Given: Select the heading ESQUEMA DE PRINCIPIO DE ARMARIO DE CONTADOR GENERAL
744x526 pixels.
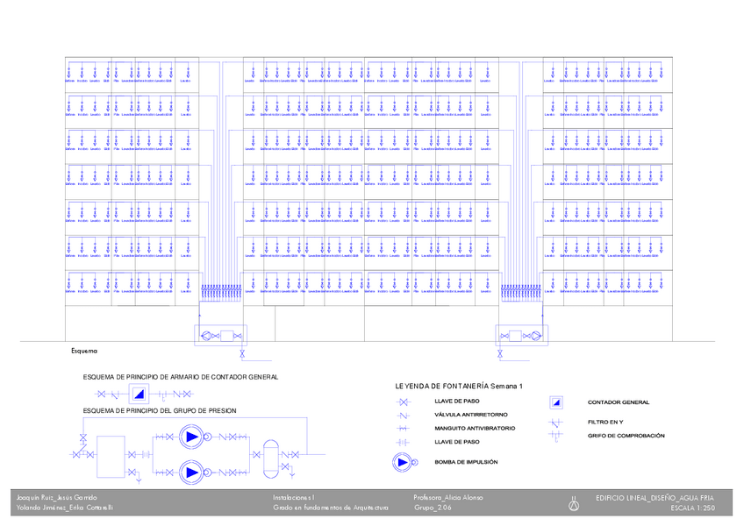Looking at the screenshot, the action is pos(180,376).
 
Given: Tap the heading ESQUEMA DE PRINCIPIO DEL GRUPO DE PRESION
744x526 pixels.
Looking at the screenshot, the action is pos(159,410).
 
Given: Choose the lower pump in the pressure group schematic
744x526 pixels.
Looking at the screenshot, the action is pos(190,473).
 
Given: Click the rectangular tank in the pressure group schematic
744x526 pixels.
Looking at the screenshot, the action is pos(111,454).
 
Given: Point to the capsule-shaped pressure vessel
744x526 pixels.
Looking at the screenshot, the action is pos(270,454).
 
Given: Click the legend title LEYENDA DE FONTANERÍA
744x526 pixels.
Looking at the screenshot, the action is pos(459,386).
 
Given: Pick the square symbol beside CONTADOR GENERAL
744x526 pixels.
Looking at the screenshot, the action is pos(556,402).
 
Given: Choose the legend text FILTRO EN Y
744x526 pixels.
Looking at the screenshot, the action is pos(605,423).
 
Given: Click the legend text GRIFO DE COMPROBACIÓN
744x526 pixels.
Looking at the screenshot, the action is pos(626,436).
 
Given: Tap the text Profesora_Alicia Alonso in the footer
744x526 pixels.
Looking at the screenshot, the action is pos(448,497).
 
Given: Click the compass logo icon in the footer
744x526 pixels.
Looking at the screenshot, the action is pos(575,503).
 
